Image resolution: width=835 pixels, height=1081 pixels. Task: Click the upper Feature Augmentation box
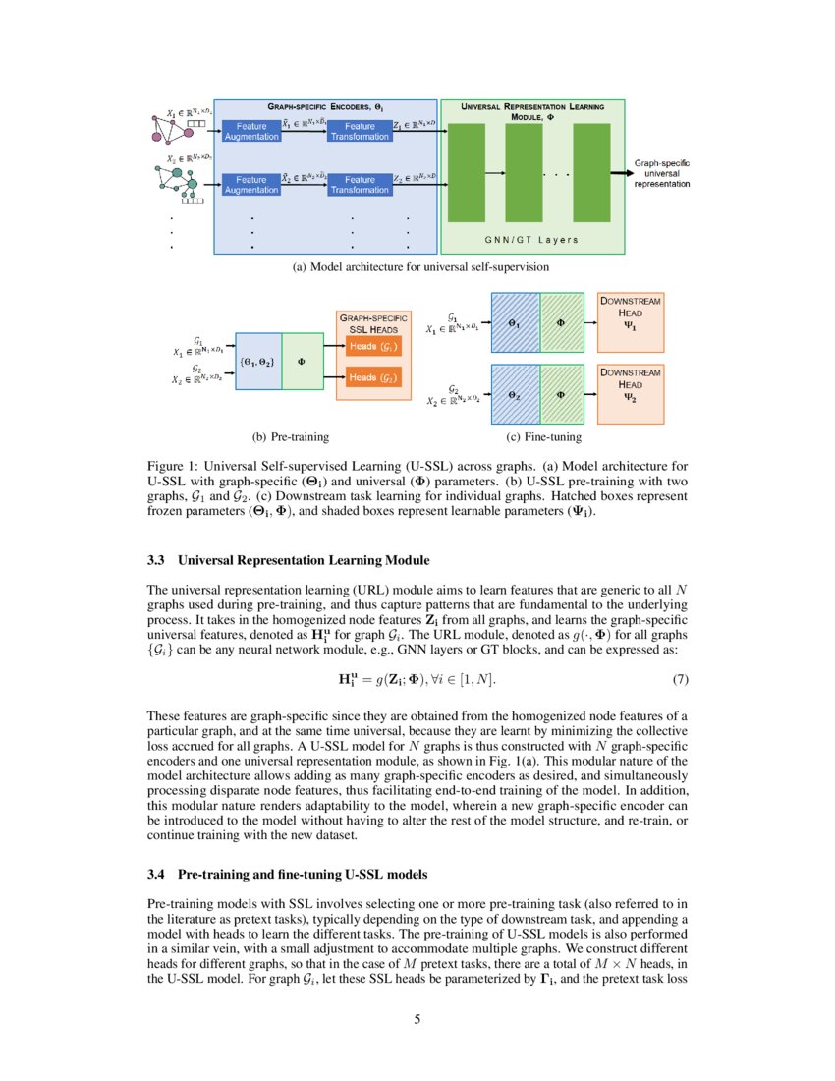coord(250,131)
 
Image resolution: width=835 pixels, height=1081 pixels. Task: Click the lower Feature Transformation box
coord(360,185)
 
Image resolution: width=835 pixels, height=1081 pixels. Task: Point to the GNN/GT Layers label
coord(532,240)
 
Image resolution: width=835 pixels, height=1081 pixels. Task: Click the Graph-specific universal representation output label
coord(661,173)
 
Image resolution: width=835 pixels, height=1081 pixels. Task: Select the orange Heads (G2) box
coord(372,378)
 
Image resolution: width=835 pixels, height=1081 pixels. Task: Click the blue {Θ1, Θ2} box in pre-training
coord(257,361)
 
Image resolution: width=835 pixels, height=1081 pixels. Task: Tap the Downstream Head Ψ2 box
coord(630,393)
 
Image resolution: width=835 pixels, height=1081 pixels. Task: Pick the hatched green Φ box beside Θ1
coord(561,321)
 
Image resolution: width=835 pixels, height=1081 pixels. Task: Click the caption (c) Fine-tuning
coord(539,436)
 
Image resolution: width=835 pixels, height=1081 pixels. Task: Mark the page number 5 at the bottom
coord(417,1018)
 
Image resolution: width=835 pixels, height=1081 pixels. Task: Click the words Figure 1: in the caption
coord(172,466)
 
